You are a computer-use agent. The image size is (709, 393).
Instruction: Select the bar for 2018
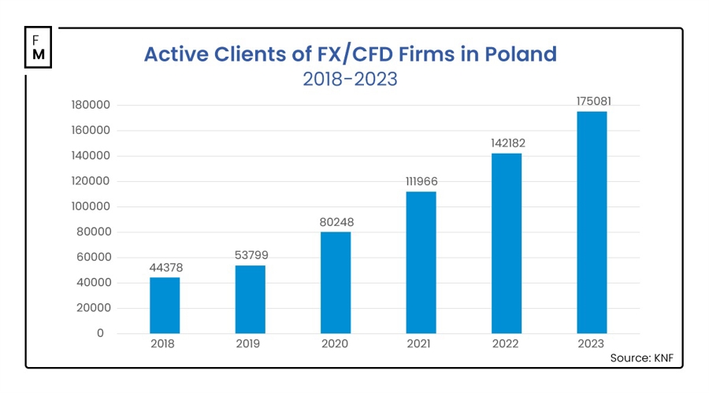point(165,306)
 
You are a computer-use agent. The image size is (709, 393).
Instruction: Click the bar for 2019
point(251,299)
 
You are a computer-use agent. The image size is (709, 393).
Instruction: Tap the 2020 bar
point(336,283)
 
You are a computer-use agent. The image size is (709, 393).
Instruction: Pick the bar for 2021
point(421,262)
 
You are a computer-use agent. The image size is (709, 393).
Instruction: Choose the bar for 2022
point(507,243)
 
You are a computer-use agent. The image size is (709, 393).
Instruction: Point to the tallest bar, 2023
point(592,222)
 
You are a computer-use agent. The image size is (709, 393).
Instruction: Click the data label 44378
point(165,269)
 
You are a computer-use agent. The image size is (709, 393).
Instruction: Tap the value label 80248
point(336,223)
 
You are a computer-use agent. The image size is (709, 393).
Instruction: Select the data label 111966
point(421,182)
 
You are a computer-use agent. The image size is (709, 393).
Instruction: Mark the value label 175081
point(592,102)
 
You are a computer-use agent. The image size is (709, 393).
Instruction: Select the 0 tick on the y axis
point(100,334)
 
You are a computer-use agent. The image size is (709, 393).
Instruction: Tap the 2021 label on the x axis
point(421,344)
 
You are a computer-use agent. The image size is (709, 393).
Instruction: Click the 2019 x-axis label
point(251,344)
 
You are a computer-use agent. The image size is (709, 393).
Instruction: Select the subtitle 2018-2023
point(350,79)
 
